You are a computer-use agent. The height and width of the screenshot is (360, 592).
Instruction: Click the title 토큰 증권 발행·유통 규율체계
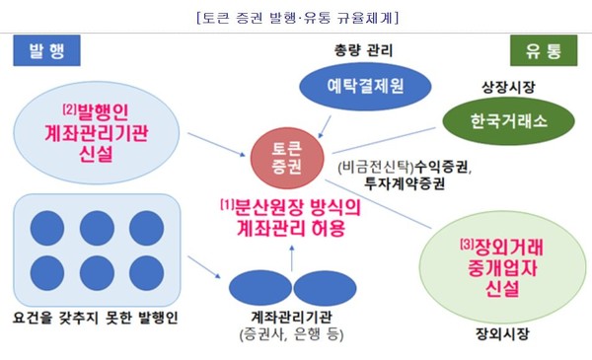[296, 17]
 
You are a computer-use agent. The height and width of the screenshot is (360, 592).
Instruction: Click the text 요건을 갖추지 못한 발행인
[94, 317]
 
